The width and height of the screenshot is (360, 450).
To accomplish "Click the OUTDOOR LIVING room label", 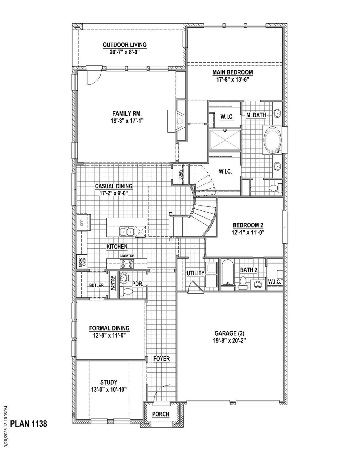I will coord(124,45).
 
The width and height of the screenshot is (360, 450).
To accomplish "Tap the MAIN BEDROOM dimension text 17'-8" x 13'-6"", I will coord(232,80).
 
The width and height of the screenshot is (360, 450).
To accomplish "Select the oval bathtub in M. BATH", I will coord(272,140).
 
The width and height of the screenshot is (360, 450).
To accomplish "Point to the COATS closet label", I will coord(180,174).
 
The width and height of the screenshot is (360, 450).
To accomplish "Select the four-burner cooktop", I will coord(127,264).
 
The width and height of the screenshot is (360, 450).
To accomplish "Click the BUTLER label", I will coord(96,285).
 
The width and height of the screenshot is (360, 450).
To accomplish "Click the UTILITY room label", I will coord(195,273).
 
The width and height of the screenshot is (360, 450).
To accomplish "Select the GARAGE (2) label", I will coord(229,334).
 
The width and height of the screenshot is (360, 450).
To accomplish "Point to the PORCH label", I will coord(161,414).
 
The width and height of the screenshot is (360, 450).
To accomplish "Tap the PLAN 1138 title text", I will coord(29,424).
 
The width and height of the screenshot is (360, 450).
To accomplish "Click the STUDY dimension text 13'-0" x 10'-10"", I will coord(109,390).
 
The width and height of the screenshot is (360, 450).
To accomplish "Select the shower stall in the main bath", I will coord(225,140).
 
